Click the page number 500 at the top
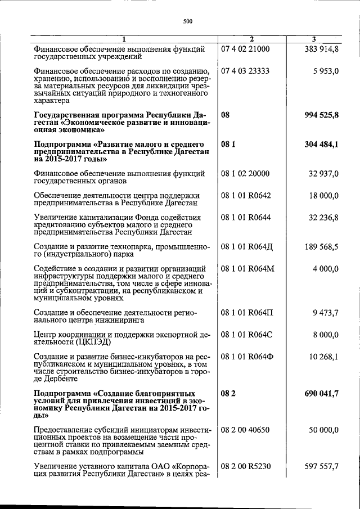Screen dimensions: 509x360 188,21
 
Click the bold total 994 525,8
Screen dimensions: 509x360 319,115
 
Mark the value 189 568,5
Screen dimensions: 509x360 320,246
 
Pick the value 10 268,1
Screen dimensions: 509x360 322,357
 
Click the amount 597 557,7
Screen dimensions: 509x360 320,466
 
